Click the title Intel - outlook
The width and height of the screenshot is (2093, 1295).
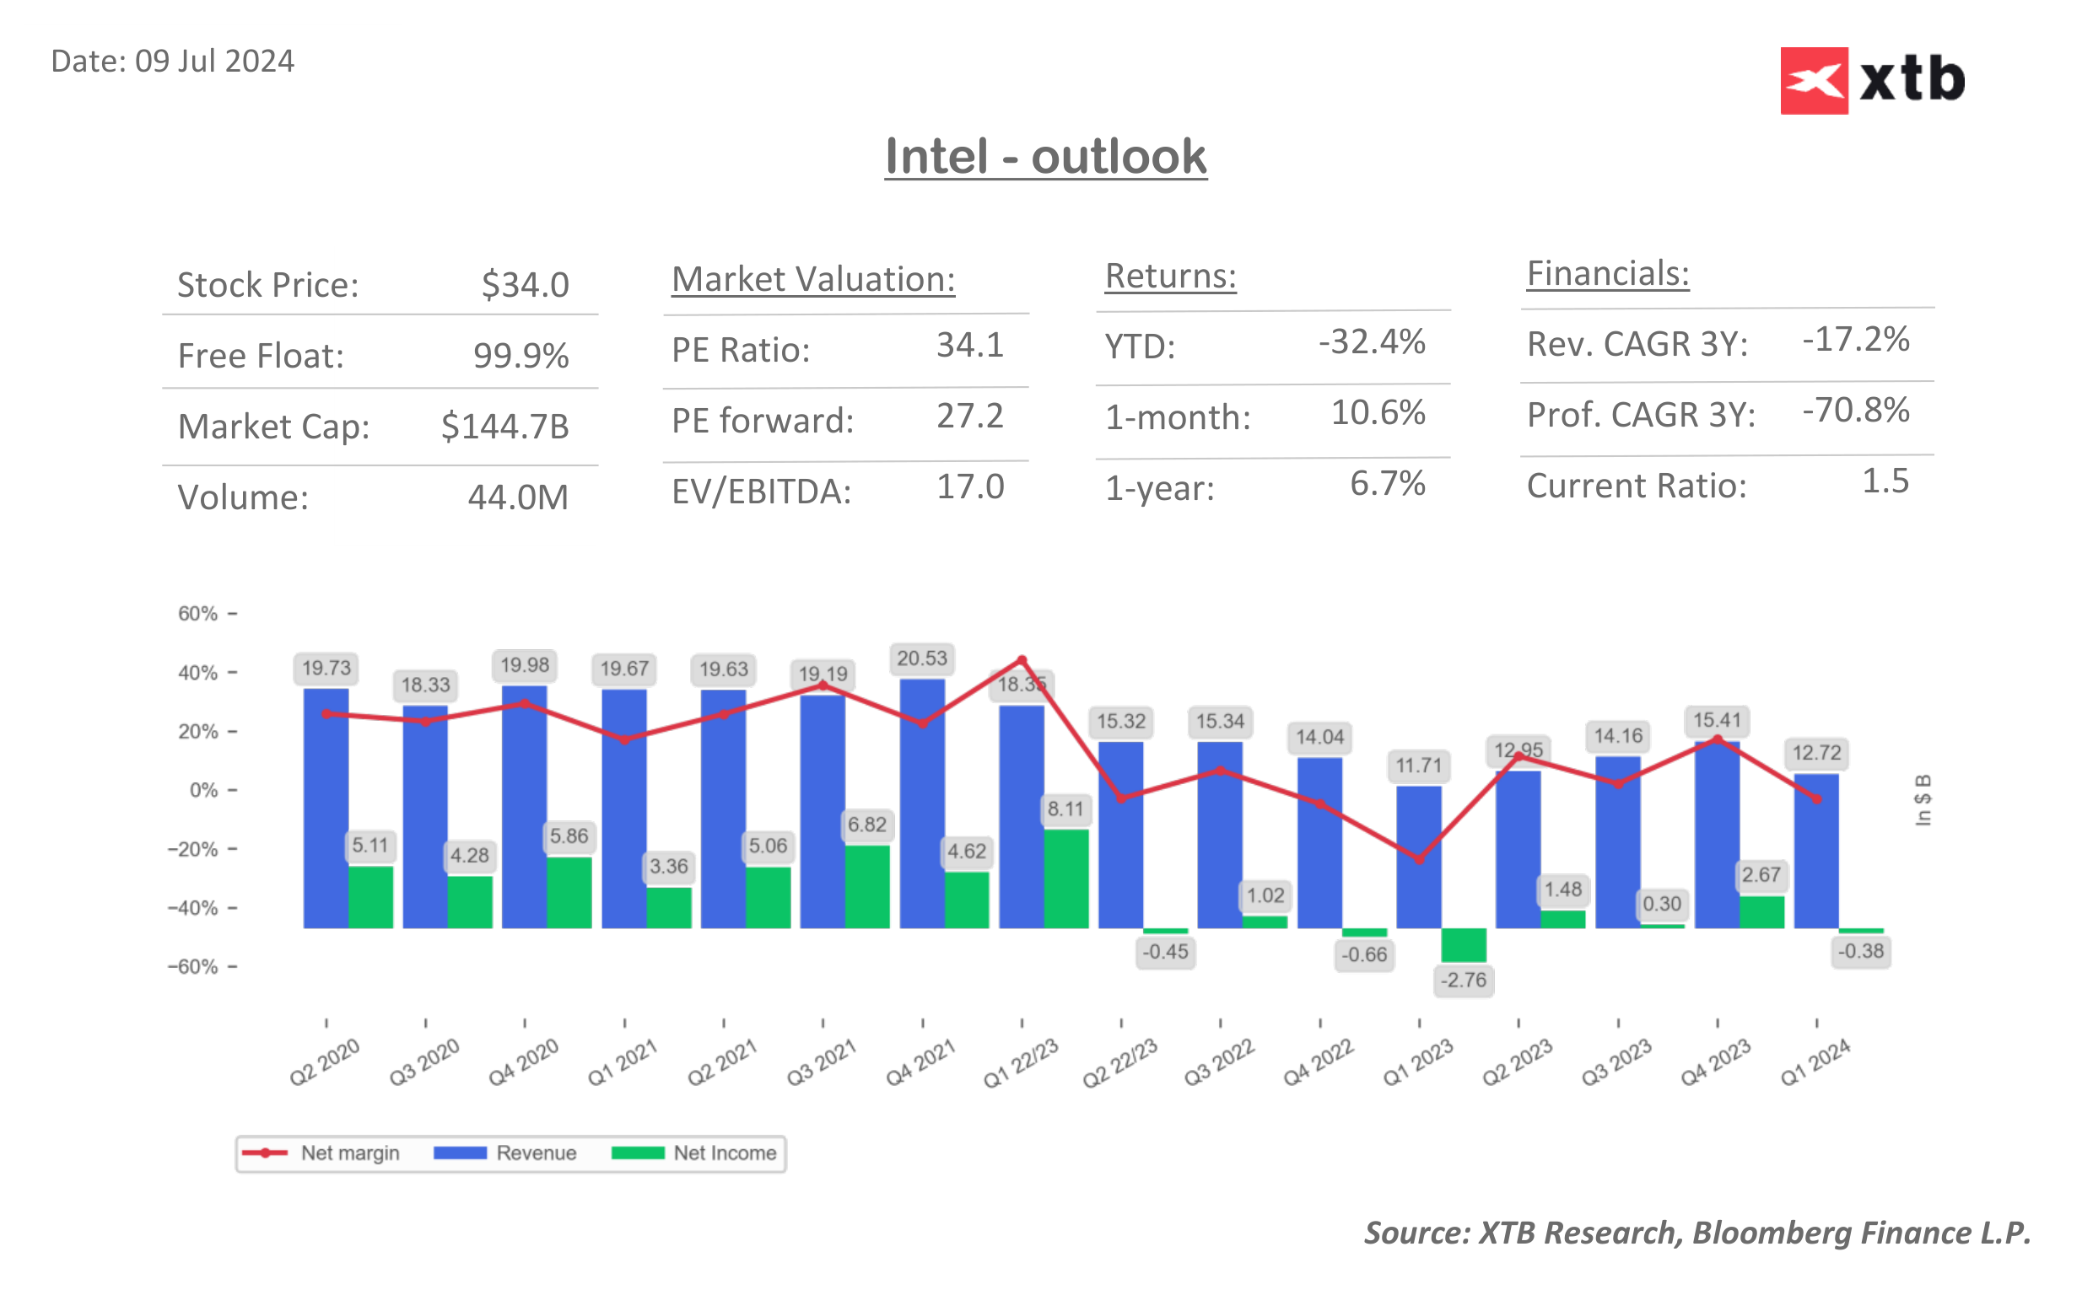click(x=1045, y=157)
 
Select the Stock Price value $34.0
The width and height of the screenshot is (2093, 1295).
click(x=525, y=284)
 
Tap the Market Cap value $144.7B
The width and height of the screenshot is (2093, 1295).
click(x=504, y=426)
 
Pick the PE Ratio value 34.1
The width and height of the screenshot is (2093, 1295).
click(x=969, y=345)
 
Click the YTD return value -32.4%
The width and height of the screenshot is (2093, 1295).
click(x=1371, y=341)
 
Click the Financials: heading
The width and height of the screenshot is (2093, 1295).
click(x=1606, y=274)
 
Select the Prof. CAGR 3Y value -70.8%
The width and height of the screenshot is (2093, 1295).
click(x=1855, y=411)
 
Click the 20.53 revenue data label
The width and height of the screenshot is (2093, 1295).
click(x=922, y=658)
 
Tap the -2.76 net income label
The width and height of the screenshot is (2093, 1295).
click(x=1463, y=980)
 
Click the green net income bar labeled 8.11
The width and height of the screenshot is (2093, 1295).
click(x=1065, y=878)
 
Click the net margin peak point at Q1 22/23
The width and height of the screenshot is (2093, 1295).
click(x=1022, y=660)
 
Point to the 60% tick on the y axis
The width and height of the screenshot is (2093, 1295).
click(x=198, y=613)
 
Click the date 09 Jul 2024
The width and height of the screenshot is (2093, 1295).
click(x=214, y=62)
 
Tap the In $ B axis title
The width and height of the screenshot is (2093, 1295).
click(x=1923, y=800)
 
